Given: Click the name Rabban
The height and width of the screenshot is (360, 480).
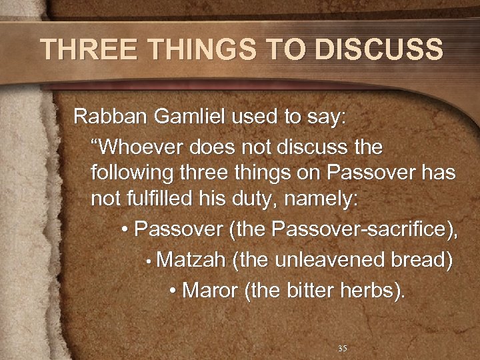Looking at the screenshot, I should pyautogui.click(x=102, y=117).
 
